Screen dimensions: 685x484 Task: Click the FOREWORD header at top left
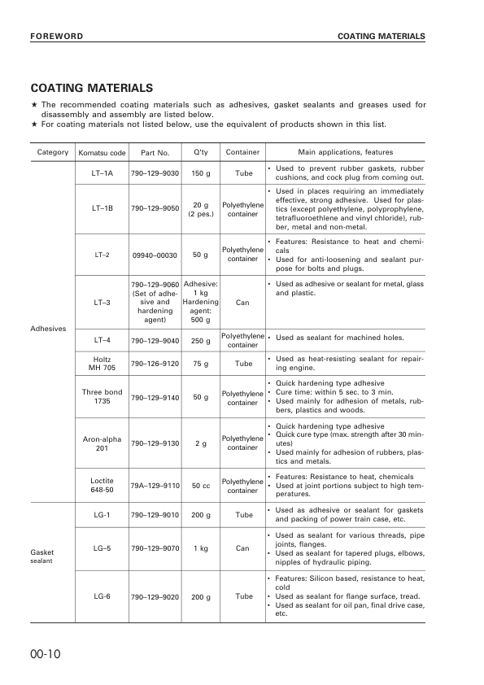pyautogui.click(x=56, y=37)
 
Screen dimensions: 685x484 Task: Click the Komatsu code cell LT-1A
pyautogui.click(x=102, y=173)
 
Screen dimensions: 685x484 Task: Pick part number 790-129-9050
pyautogui.click(x=155, y=208)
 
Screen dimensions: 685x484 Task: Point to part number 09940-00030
pyautogui.click(x=155, y=255)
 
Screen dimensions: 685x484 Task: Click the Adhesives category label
pyautogui.click(x=47, y=329)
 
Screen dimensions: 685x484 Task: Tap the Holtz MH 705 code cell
pyautogui.click(x=102, y=364)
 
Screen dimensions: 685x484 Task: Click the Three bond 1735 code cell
pyautogui.click(x=102, y=397)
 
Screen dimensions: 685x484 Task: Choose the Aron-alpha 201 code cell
pyautogui.click(x=102, y=443)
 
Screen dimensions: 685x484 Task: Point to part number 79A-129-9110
pyautogui.click(x=155, y=486)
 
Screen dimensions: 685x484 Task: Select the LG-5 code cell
pyautogui.click(x=102, y=548)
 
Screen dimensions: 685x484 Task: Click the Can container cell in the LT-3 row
pyautogui.click(x=242, y=303)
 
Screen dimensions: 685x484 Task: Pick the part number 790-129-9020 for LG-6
pyautogui.click(x=155, y=596)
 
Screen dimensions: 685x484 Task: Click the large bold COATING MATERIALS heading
pyautogui.click(x=91, y=88)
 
